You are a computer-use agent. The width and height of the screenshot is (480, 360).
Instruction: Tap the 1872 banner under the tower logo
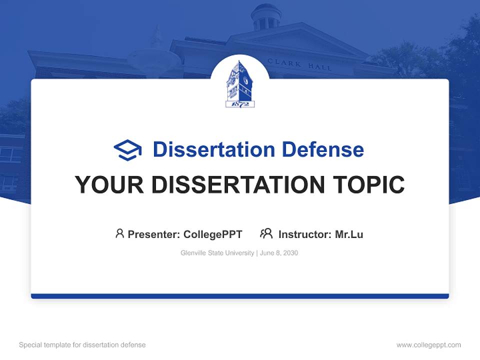[x=240, y=104]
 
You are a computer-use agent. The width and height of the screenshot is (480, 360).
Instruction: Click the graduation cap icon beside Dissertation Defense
[x=127, y=150]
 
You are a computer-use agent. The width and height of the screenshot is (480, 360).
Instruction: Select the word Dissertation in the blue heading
[x=214, y=149]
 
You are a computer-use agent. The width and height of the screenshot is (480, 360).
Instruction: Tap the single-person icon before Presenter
[x=119, y=233]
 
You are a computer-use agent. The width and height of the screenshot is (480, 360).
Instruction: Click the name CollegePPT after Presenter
[x=213, y=234]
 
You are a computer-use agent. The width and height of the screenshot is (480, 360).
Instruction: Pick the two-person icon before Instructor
[x=266, y=233]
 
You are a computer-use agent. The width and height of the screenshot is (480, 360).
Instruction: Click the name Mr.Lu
[x=349, y=234]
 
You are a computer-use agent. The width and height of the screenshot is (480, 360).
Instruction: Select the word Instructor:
[x=304, y=234]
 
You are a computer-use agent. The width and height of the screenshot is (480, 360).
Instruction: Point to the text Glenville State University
[x=217, y=253]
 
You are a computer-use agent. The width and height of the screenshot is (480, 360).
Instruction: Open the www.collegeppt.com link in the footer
[x=428, y=345]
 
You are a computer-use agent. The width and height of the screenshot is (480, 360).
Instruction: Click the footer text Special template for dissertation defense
[x=82, y=345]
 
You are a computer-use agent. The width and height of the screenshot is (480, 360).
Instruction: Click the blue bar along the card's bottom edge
[x=240, y=296]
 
